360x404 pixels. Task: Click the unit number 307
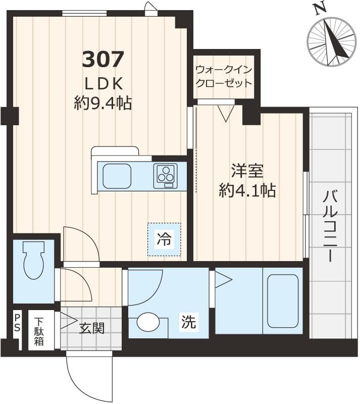pos(102,60)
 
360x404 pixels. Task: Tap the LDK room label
pos(102,83)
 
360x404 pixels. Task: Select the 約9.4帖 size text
pos(102,104)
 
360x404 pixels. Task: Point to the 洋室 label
pos(247,171)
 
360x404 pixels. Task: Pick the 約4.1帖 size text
pos(247,190)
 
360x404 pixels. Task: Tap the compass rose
pos(331,42)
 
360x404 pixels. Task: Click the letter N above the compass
pos(318,8)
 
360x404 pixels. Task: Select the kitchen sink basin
pos(117,176)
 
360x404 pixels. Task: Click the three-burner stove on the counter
pos(165,174)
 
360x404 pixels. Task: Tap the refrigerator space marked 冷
pos(164,239)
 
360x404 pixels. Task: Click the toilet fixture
pos(34,260)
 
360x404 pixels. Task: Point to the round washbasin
pos(148,322)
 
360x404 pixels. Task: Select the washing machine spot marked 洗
pos(189,322)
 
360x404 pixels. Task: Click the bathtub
pos(283,301)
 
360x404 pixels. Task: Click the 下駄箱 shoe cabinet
pos(39,331)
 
